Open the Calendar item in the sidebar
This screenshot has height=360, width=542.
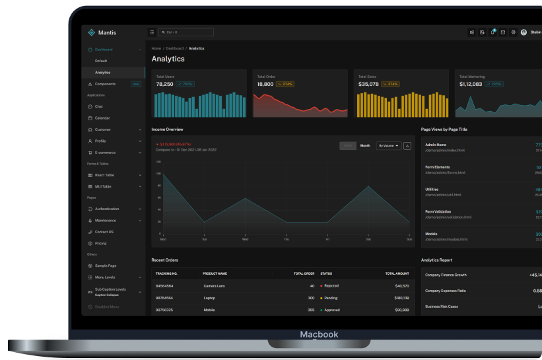[x=102, y=118]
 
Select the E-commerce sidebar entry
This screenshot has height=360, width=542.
[x=106, y=153]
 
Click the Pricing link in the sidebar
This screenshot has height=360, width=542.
[x=100, y=243]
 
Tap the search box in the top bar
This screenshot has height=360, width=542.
[x=186, y=32]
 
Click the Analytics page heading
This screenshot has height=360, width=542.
[x=168, y=59]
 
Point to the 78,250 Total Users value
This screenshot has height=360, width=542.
[x=164, y=84]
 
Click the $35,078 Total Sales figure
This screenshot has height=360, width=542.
[x=368, y=84]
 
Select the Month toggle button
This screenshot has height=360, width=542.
[x=365, y=145]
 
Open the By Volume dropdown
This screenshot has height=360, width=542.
[x=388, y=145]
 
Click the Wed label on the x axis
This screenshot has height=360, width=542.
[x=245, y=239]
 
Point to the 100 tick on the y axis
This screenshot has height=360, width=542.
[x=158, y=174]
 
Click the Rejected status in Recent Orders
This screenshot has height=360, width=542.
[x=331, y=286]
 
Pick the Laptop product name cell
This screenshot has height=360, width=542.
[x=210, y=298]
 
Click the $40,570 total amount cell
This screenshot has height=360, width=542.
[x=401, y=286]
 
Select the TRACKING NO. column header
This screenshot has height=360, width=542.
[x=166, y=273]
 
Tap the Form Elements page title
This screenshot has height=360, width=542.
[x=437, y=167]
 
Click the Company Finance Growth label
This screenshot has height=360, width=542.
[x=446, y=275]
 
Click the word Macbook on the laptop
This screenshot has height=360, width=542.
[x=319, y=334]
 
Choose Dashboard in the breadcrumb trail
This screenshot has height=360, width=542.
[x=175, y=48]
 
